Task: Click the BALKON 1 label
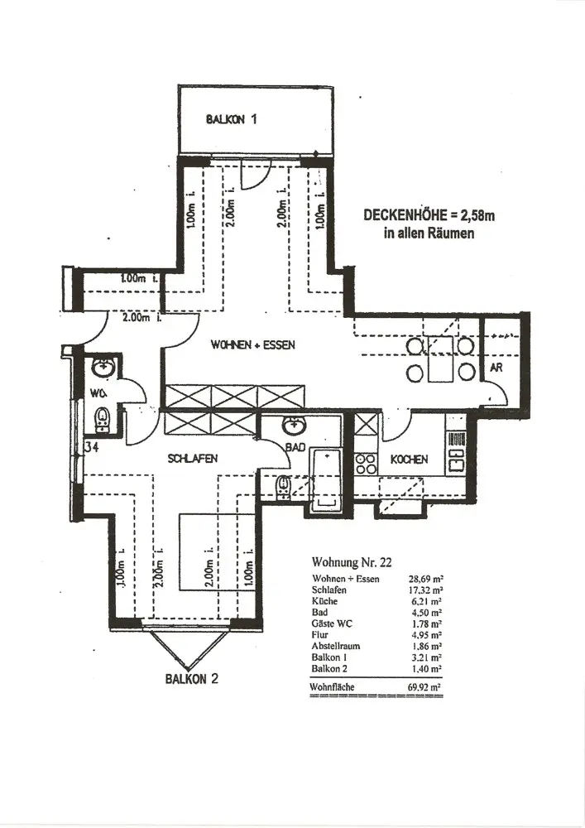(233, 118)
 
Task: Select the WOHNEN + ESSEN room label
(253, 344)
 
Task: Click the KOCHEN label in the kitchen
(409, 460)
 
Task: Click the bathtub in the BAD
(325, 478)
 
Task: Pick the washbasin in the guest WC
(103, 367)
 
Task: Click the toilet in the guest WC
(102, 419)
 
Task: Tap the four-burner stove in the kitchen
(366, 464)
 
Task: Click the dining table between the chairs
(441, 359)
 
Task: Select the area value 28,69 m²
(423, 579)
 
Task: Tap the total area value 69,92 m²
(423, 686)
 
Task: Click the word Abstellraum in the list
(335, 645)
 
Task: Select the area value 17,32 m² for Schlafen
(423, 590)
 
